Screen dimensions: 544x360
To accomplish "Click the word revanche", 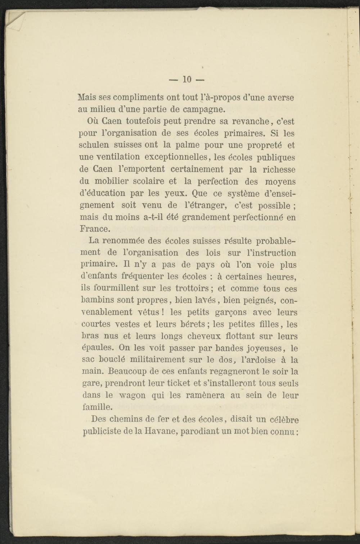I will [x=253, y=121].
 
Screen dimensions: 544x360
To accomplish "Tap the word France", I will [x=94, y=229].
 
